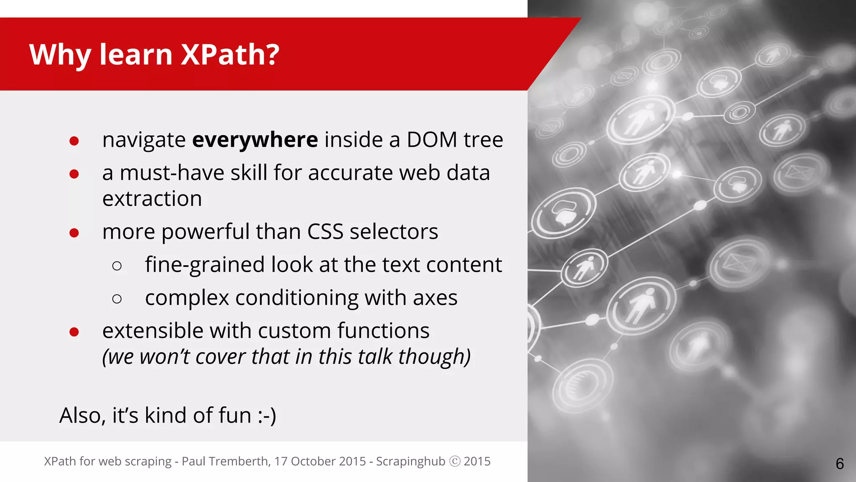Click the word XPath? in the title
point(230,55)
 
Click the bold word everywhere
point(255,140)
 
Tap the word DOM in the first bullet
point(432,140)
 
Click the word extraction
point(152,199)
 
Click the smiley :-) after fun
point(267,416)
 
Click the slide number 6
point(840,464)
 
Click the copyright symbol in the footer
point(455,461)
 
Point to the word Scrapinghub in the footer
point(410,461)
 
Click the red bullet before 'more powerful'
point(74,233)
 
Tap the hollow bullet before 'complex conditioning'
point(117,299)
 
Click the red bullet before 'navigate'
point(74,141)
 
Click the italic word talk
point(375,357)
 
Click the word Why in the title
point(60,55)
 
